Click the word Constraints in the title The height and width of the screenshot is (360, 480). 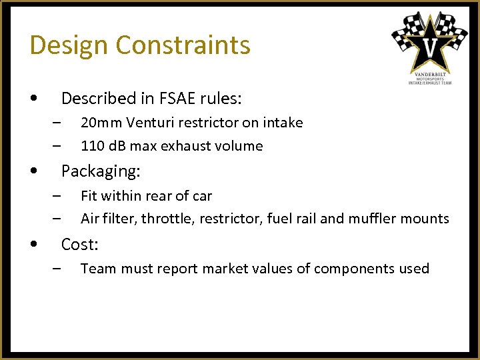click(x=183, y=45)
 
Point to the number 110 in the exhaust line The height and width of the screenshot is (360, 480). click(x=91, y=146)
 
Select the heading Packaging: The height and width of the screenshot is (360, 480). click(x=101, y=171)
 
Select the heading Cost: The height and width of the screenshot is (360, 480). click(x=79, y=245)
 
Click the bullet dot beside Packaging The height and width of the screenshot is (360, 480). click(x=34, y=172)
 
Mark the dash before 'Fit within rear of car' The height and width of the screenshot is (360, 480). click(x=58, y=196)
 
